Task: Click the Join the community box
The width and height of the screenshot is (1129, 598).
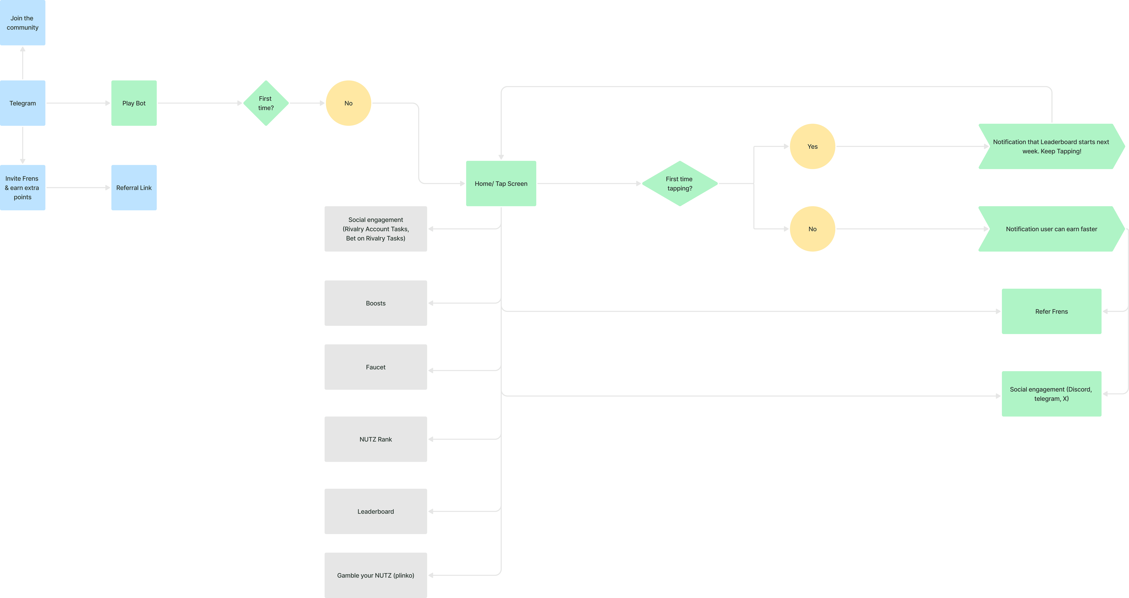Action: (x=22, y=22)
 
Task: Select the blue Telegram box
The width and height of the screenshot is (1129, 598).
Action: (x=22, y=103)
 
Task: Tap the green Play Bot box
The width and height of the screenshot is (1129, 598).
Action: (x=134, y=103)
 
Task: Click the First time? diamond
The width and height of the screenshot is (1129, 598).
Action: (x=266, y=103)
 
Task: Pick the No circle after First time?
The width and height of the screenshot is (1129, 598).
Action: (x=348, y=103)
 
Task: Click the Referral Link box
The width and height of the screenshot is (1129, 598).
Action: (x=134, y=188)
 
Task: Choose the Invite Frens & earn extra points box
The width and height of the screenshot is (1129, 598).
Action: (x=22, y=188)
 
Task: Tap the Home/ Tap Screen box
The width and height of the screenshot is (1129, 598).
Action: (x=501, y=184)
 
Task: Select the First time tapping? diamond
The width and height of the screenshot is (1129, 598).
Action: (x=680, y=184)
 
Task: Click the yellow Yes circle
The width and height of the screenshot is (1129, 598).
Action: (x=813, y=146)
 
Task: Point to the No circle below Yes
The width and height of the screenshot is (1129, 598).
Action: (x=813, y=229)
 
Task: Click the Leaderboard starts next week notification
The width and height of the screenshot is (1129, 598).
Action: (x=1051, y=146)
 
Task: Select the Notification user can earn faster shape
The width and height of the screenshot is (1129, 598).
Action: (x=1051, y=229)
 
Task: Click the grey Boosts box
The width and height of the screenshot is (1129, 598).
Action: (x=376, y=303)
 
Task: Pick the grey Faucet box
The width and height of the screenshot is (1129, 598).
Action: (x=376, y=367)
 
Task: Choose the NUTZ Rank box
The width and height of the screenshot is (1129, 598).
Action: (x=376, y=439)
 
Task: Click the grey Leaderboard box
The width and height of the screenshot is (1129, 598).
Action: (x=376, y=511)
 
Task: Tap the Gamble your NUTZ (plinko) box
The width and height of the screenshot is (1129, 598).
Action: (x=376, y=575)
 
